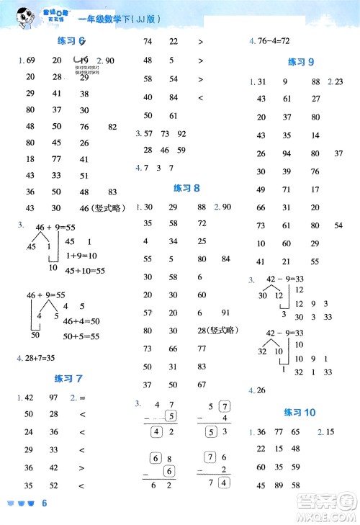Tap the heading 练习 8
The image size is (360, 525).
tap(186, 188)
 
